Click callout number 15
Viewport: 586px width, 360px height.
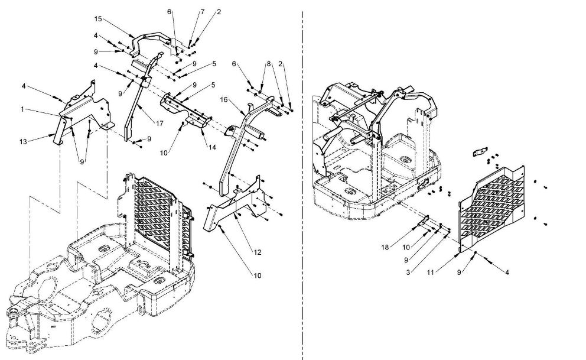tap(98, 19)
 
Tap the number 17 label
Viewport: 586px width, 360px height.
tap(159, 124)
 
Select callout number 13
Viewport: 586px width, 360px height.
tap(23, 142)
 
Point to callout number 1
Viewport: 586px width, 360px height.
tap(22, 109)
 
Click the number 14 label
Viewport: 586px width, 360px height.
tap(212, 147)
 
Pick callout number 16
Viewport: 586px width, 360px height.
tap(224, 99)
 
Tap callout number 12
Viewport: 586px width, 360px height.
tap(258, 252)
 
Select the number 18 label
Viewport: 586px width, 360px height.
tap(385, 247)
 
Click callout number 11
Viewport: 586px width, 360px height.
tap(431, 272)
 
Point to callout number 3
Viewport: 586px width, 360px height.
tap(408, 272)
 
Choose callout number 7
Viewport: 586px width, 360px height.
tap(203, 12)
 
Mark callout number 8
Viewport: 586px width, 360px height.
tap(268, 64)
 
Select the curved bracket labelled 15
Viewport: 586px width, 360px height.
tap(149, 37)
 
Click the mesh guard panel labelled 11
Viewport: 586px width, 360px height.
tap(491, 207)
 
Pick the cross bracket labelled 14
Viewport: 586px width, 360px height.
tap(185, 111)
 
